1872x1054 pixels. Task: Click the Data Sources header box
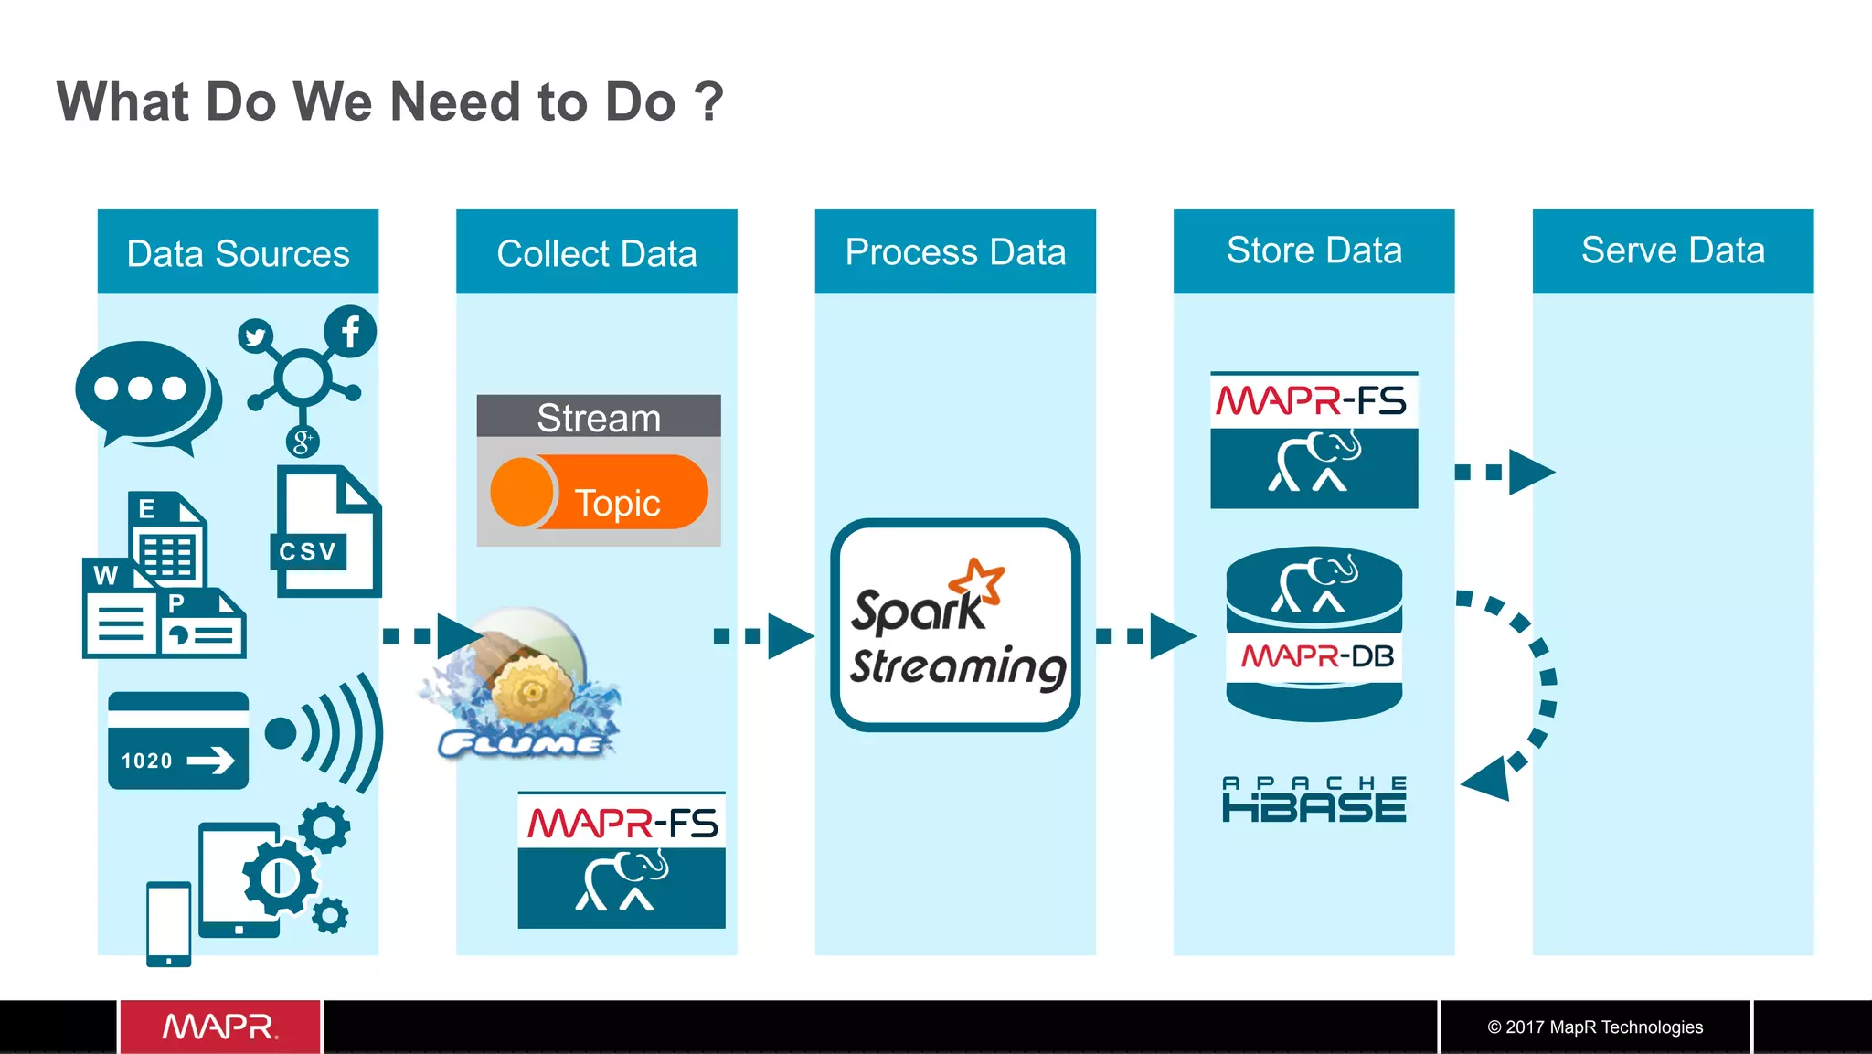pyautogui.click(x=238, y=252)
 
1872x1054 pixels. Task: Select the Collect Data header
pyautogui.click(x=596, y=252)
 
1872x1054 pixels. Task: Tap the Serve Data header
pyautogui.click(x=1672, y=250)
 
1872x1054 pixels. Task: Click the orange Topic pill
pyautogui.click(x=600, y=493)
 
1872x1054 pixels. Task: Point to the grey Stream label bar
pyautogui.click(x=599, y=417)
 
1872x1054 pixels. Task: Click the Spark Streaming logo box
pyautogui.click(x=955, y=625)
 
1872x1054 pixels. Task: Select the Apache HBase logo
pyautogui.click(x=1314, y=800)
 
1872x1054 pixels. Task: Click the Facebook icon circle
pyautogui.click(x=350, y=331)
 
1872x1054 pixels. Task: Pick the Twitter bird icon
pyautogui.click(x=255, y=336)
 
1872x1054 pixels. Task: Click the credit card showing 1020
pyautogui.click(x=178, y=740)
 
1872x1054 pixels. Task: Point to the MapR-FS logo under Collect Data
pyautogui.click(x=622, y=860)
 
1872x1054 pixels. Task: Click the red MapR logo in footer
pyautogui.click(x=220, y=1027)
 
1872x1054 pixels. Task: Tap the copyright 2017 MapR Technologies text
pyautogui.click(x=1595, y=1027)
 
